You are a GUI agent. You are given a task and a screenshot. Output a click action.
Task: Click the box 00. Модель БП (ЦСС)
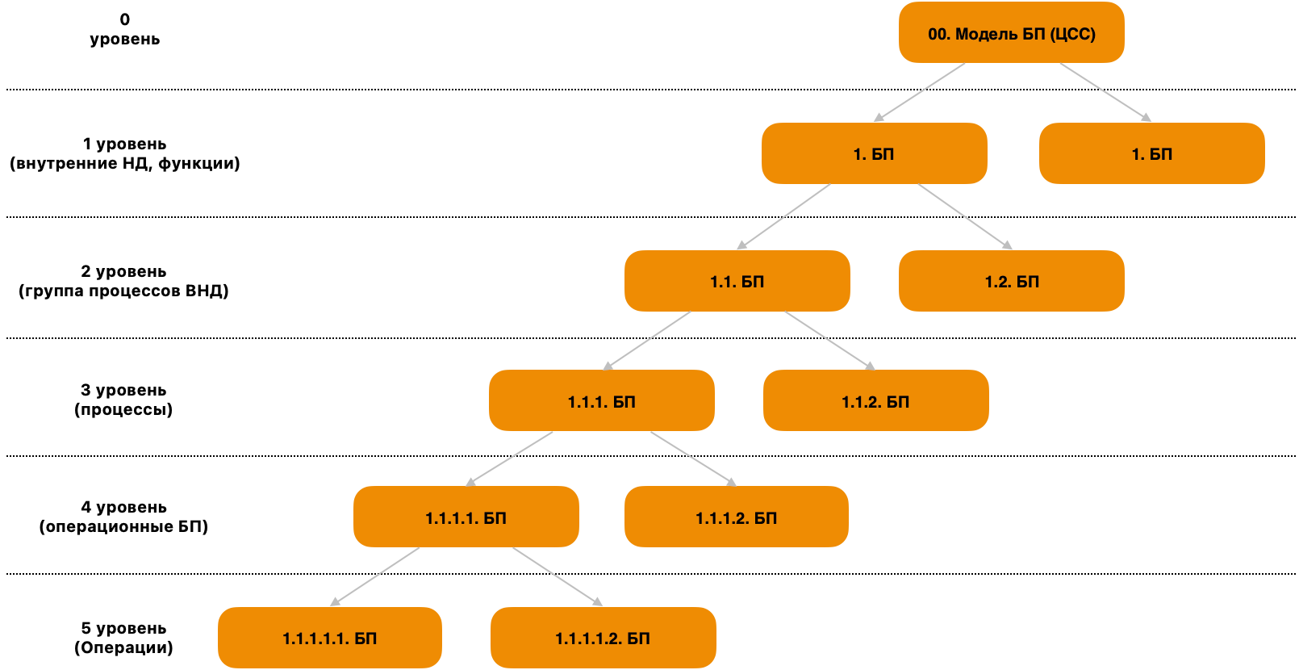pyautogui.click(x=1011, y=33)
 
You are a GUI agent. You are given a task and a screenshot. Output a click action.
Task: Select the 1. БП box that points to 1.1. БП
pyautogui.click(x=874, y=153)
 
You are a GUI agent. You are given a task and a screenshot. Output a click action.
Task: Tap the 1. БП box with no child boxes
pyautogui.click(x=1151, y=153)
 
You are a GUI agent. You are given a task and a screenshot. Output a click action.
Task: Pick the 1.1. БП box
pyautogui.click(x=737, y=281)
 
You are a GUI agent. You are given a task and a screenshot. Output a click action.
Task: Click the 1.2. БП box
pyautogui.click(x=1011, y=281)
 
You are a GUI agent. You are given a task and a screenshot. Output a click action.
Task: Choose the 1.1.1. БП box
pyautogui.click(x=601, y=401)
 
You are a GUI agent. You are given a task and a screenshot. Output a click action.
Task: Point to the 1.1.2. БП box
pyautogui.click(x=875, y=401)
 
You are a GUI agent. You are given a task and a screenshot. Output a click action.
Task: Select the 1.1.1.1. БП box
pyautogui.click(x=466, y=517)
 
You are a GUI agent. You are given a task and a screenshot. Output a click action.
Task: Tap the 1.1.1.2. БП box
pyautogui.click(x=736, y=517)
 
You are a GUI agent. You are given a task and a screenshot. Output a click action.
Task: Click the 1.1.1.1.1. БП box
pyautogui.click(x=329, y=638)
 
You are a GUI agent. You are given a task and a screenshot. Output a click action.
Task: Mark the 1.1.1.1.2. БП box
pyautogui.click(x=603, y=638)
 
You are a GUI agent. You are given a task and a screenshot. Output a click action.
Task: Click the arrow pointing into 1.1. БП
pyautogui.click(x=783, y=217)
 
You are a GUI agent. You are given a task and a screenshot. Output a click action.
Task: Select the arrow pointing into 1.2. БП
pyautogui.click(x=965, y=217)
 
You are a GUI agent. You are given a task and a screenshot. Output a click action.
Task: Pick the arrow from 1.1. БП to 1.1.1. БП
pyautogui.click(x=647, y=341)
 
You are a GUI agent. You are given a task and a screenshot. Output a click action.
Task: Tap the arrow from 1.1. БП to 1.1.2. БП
pyautogui.click(x=829, y=341)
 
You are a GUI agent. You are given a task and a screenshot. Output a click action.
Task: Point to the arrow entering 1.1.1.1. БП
pyautogui.click(x=510, y=459)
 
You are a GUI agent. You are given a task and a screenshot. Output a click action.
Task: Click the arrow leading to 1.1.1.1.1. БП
pyautogui.click(x=375, y=576)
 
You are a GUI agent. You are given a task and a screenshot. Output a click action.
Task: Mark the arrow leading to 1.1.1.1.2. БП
pyautogui.click(x=558, y=576)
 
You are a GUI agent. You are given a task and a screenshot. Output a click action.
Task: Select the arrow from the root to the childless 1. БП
pyautogui.click(x=1105, y=92)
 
